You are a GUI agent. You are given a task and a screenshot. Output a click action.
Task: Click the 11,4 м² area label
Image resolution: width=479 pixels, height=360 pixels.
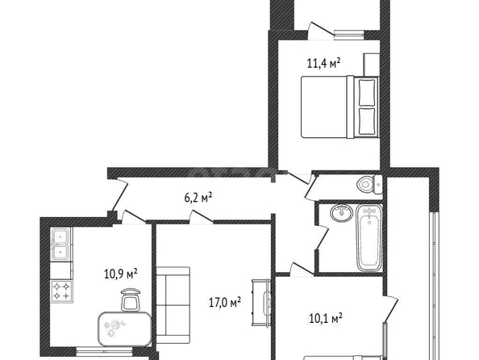point(323,63)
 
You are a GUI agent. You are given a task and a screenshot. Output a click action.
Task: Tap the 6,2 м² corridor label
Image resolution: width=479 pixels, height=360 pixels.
point(198,197)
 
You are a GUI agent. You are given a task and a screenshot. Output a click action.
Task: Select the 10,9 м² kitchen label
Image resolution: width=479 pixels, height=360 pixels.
point(121,274)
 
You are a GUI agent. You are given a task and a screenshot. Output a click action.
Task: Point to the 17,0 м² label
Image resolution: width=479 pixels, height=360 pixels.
point(225,302)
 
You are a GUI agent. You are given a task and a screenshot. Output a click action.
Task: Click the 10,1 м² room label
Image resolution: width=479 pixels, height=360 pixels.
point(326,318)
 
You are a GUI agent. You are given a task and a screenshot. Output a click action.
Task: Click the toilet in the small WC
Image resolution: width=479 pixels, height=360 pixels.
point(369,184)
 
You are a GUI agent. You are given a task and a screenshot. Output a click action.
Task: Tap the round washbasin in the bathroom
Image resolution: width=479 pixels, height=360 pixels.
point(342,213)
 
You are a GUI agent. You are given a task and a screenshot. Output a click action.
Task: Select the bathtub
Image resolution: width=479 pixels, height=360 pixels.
point(369,237)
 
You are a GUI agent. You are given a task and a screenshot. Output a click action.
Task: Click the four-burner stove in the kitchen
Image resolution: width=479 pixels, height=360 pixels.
point(61,291)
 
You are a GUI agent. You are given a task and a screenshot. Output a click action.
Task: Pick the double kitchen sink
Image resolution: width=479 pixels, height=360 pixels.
point(61,244)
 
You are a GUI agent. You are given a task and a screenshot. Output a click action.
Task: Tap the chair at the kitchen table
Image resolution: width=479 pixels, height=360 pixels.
point(131,299)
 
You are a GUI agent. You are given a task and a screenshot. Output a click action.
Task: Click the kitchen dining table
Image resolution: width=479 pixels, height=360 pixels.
point(125,329)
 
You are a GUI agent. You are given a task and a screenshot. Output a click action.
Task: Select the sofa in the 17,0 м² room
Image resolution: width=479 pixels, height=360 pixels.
point(173,305)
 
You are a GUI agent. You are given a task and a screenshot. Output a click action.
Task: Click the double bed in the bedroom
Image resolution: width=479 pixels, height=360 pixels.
point(339,107)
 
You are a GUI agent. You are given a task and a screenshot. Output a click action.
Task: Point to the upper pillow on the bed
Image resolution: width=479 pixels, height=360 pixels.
point(367,93)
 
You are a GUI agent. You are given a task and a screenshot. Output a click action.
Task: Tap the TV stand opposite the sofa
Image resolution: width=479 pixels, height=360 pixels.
point(261,302)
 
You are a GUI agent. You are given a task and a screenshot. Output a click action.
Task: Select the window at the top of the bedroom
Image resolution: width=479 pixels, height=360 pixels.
point(349,35)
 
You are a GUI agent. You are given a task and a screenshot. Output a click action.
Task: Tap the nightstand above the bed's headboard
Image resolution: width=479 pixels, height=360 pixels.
point(371,65)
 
